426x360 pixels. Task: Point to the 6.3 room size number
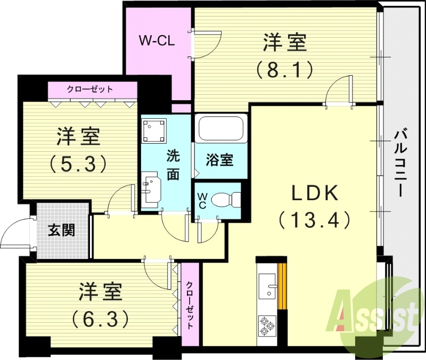101,318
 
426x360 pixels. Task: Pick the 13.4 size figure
314,219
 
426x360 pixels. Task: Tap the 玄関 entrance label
61,230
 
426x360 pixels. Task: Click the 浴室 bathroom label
219,160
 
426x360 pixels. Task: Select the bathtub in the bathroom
220,129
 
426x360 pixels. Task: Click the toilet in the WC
225,200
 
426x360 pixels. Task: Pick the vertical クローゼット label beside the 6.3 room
190,305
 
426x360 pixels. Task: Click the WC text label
203,200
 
